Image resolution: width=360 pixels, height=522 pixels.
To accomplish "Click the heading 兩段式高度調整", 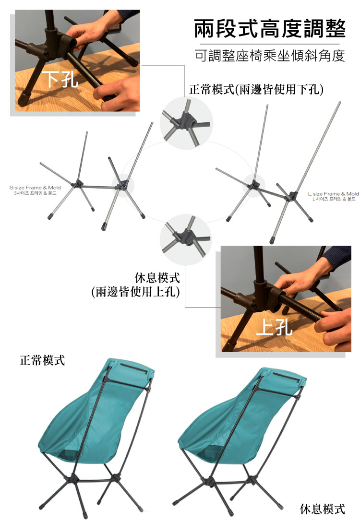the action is pyautogui.click(x=270, y=29).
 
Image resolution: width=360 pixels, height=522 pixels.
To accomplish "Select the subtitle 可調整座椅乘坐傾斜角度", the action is pyautogui.click(x=270, y=56).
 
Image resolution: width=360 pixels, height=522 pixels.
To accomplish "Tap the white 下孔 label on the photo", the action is pyautogui.click(x=62, y=79).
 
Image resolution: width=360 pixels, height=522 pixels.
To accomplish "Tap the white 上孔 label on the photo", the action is pyautogui.click(x=275, y=326).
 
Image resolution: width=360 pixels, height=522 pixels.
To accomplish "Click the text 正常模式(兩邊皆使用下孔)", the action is pyautogui.click(x=256, y=89).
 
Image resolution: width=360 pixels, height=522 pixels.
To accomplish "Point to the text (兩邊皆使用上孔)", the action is pyautogui.click(x=135, y=292).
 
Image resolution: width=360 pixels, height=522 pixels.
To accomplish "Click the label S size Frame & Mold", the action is pyautogui.click(x=35, y=188).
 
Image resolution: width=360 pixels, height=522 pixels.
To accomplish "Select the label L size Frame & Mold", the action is pyautogui.click(x=333, y=194).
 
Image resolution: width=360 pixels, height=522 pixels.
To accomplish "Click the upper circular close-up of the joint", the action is pyautogui.click(x=186, y=123).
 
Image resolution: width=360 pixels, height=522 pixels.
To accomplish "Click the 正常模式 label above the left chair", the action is pyautogui.click(x=42, y=360).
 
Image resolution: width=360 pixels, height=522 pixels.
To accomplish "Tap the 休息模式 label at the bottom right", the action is pyautogui.click(x=323, y=509).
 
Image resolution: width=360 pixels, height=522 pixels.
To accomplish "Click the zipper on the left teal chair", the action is pyautogui.click(x=134, y=369).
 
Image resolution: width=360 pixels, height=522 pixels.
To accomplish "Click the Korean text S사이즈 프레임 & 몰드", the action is pyautogui.click(x=35, y=193).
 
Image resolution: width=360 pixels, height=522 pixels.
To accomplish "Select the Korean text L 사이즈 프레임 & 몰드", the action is pyautogui.click(x=334, y=199).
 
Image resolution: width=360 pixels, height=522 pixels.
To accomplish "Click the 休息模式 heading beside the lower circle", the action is pyautogui.click(x=157, y=278).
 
